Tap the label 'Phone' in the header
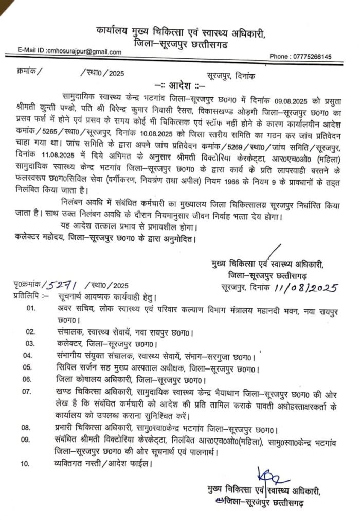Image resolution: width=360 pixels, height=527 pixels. click(x=280, y=56)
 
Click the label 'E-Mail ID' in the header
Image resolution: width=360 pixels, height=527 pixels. click(x=30, y=51)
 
